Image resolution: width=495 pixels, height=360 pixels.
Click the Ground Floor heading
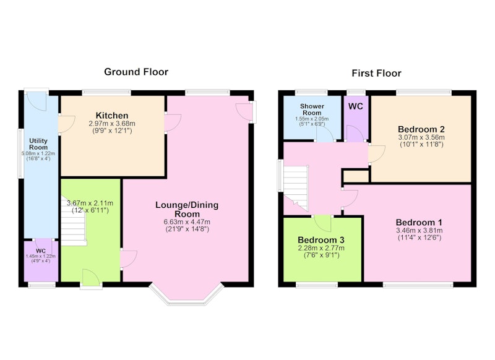[x=136, y=72]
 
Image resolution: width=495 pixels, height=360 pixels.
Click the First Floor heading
[x=376, y=73]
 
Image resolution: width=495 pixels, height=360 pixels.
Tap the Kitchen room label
[x=112, y=115]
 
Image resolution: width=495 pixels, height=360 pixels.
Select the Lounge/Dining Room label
[x=187, y=209]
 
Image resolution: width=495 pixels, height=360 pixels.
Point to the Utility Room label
[x=38, y=144]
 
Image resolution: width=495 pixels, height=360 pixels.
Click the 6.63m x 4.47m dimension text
[x=187, y=222]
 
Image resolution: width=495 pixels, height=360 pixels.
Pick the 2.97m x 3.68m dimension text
[x=112, y=123]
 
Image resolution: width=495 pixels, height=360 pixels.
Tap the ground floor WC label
[x=41, y=251]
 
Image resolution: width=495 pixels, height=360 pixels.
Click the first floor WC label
[x=355, y=106]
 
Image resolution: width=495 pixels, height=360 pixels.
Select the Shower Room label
[x=312, y=109]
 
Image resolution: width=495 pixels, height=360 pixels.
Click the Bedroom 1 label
[x=419, y=222]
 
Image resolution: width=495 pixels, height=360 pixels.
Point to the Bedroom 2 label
[x=421, y=129]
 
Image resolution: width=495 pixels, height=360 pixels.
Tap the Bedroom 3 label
[x=321, y=240]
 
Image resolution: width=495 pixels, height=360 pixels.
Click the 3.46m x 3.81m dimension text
[x=420, y=230]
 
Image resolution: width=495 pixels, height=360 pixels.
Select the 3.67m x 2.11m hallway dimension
[x=90, y=203]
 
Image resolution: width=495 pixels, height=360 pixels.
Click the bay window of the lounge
[x=187, y=294]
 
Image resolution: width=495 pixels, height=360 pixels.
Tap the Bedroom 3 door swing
[x=322, y=223]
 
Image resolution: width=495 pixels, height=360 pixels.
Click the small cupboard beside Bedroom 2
[x=356, y=176]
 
